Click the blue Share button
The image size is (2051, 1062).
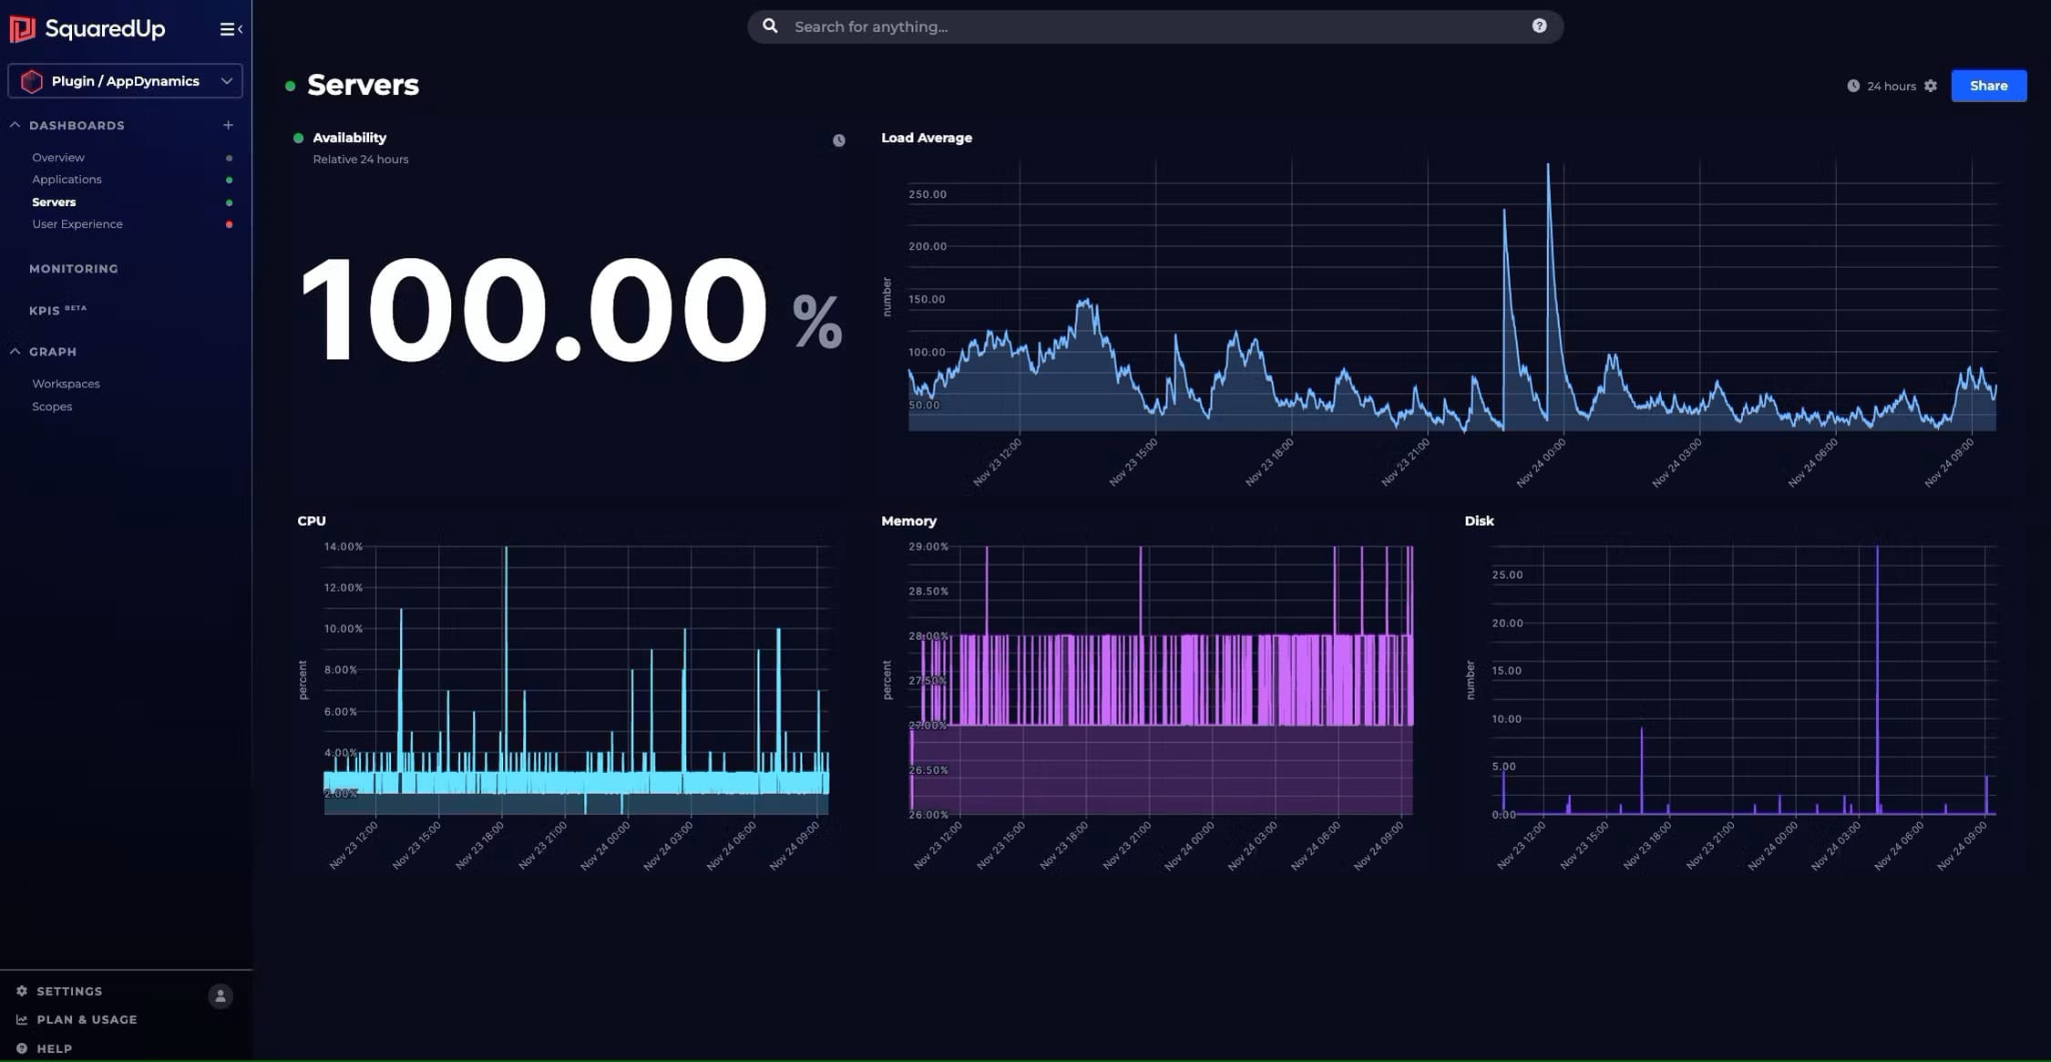(x=1988, y=86)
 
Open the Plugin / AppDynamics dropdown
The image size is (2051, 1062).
(x=125, y=81)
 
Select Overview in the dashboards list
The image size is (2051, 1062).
(x=58, y=158)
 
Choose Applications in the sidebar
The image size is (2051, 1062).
(x=67, y=180)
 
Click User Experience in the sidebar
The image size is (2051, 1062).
(x=77, y=224)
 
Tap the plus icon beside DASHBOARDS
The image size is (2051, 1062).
(x=228, y=125)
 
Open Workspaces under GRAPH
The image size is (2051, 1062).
(x=66, y=384)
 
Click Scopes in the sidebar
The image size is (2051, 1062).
(x=52, y=407)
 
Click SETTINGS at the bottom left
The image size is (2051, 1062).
(x=68, y=991)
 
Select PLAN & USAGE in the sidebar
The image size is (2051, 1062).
(x=87, y=1019)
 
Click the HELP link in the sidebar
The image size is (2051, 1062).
(x=54, y=1048)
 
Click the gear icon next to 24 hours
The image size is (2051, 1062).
(x=1931, y=86)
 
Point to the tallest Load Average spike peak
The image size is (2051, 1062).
(x=1547, y=166)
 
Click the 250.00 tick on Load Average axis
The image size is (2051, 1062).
(x=927, y=194)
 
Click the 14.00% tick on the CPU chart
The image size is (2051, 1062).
(x=343, y=547)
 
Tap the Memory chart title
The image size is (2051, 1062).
(x=908, y=521)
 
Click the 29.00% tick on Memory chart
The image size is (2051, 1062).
(x=928, y=547)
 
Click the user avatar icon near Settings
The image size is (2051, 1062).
(x=220, y=995)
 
